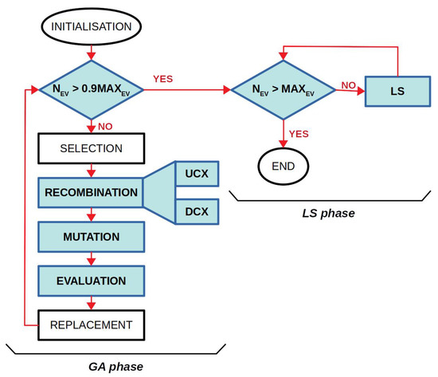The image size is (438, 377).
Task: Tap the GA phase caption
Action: tap(115, 366)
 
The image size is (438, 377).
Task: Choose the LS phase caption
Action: tap(329, 214)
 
